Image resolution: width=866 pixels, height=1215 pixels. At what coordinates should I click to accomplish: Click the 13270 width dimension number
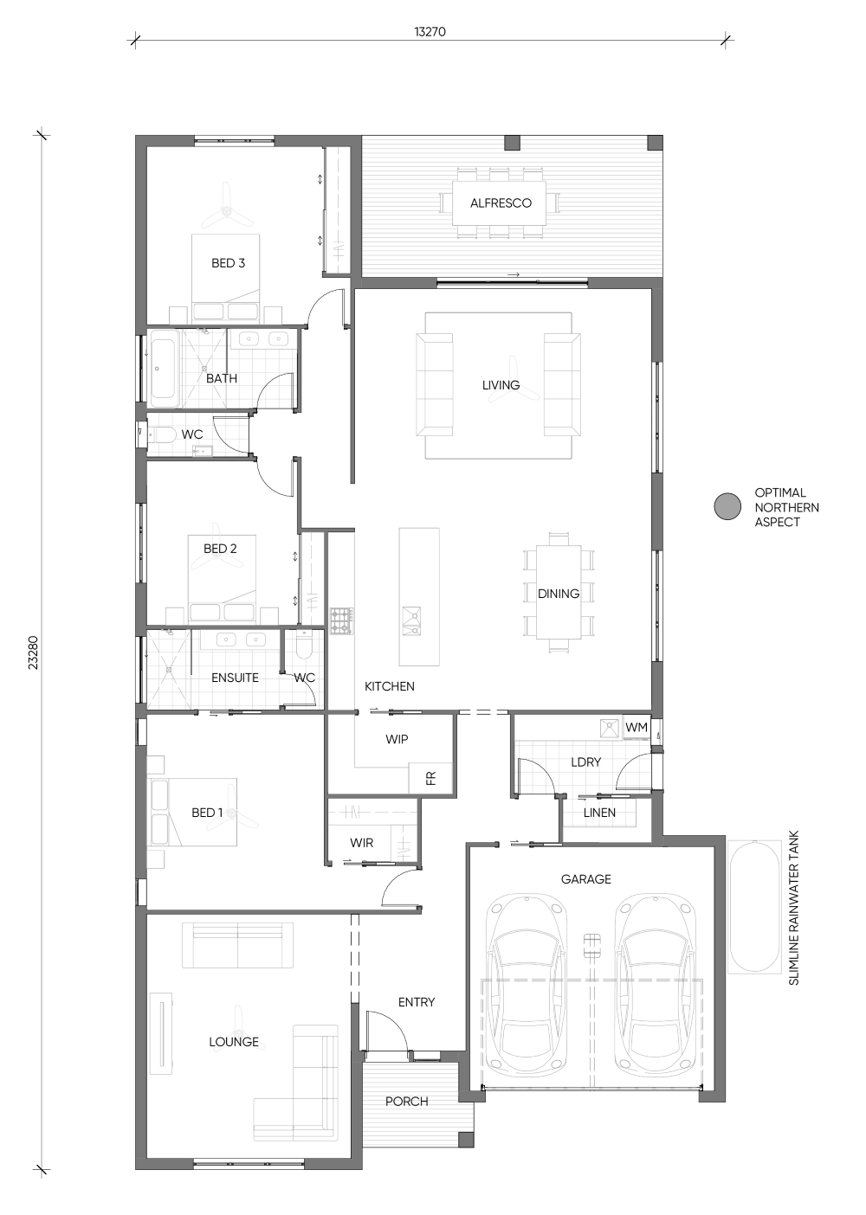[430, 31]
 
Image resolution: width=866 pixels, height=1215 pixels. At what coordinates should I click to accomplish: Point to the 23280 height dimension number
[34, 652]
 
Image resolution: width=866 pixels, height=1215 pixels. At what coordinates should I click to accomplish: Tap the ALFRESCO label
[501, 202]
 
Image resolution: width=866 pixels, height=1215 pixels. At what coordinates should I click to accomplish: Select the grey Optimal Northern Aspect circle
[727, 506]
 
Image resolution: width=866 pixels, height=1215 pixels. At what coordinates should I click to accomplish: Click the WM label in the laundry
[637, 727]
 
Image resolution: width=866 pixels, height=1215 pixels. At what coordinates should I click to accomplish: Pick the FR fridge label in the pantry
[431, 778]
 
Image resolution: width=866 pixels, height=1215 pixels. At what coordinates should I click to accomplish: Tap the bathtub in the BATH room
[164, 373]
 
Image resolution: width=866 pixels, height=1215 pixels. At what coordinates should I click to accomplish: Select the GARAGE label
[585, 878]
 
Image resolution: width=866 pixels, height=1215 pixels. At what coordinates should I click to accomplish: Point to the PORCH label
[407, 1101]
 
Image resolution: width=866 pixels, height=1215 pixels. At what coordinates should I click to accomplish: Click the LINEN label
[599, 813]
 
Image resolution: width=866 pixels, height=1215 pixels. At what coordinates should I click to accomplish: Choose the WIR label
[362, 842]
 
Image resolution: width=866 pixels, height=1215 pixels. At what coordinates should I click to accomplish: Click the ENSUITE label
[235, 678]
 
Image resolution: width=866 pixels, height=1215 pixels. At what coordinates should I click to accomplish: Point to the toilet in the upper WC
[162, 434]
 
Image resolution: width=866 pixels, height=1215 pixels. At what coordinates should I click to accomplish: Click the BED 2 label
[220, 549]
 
